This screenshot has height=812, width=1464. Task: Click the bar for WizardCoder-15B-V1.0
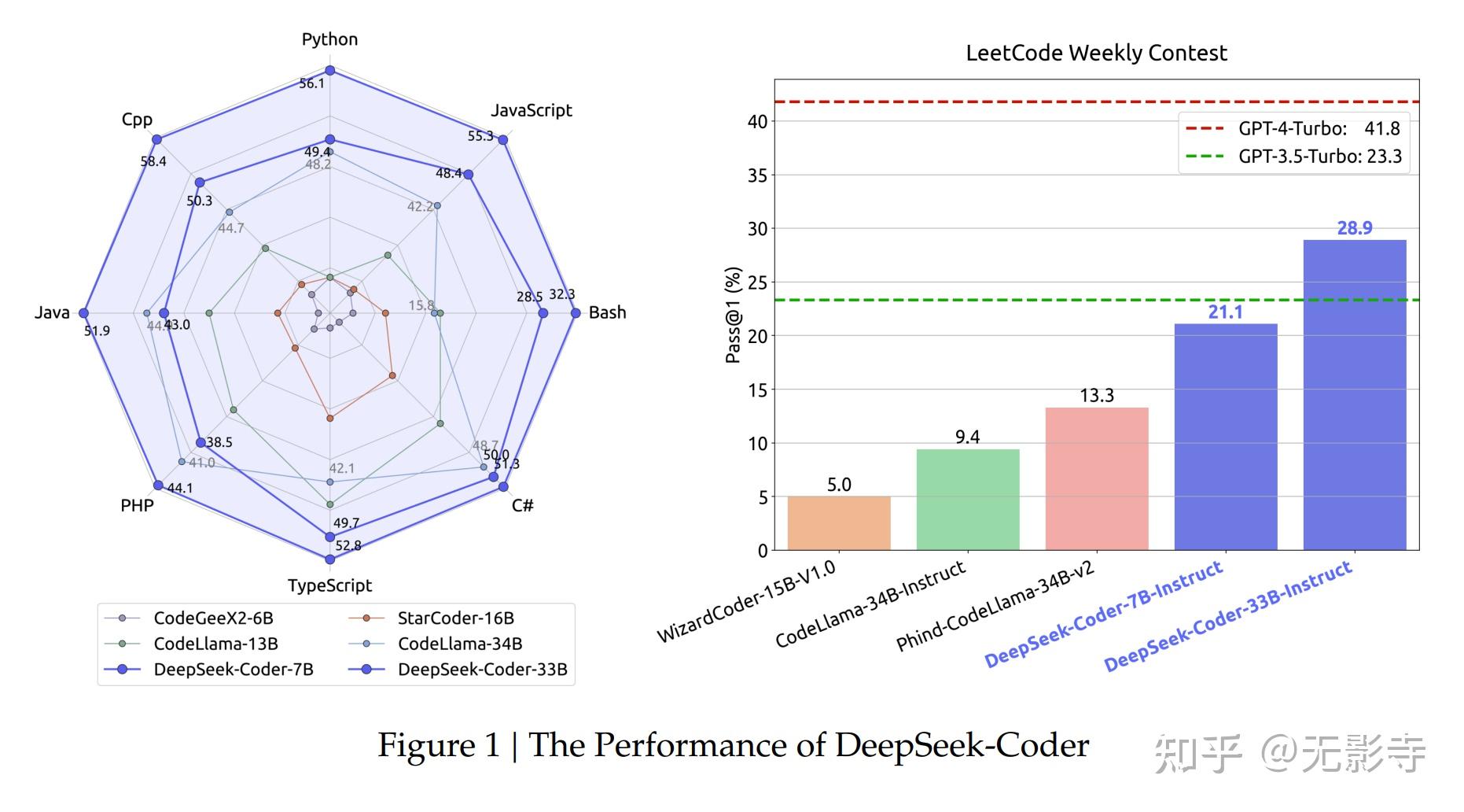point(839,523)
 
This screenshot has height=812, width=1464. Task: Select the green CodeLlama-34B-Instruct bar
point(968,500)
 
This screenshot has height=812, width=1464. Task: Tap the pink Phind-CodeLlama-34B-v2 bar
point(1097,478)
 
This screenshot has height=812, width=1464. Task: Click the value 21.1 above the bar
point(1225,312)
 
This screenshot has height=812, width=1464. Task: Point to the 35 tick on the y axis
point(757,175)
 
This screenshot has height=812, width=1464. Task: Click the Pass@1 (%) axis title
point(733,316)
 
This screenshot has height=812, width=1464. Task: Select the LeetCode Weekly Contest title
point(1096,53)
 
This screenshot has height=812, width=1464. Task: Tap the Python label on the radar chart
point(329,39)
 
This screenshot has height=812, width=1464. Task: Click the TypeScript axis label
point(329,585)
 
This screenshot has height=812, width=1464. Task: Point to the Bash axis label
point(607,312)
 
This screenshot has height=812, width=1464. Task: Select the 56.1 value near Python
point(311,83)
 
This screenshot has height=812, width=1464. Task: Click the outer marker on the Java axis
point(84,313)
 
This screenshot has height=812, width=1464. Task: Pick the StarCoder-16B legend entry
point(455,618)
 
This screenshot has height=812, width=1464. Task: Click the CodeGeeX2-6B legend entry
point(213,618)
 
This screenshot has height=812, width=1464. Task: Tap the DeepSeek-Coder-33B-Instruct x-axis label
point(1228,617)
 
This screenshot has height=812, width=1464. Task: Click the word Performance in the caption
point(690,745)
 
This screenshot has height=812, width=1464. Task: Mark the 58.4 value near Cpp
point(153,161)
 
